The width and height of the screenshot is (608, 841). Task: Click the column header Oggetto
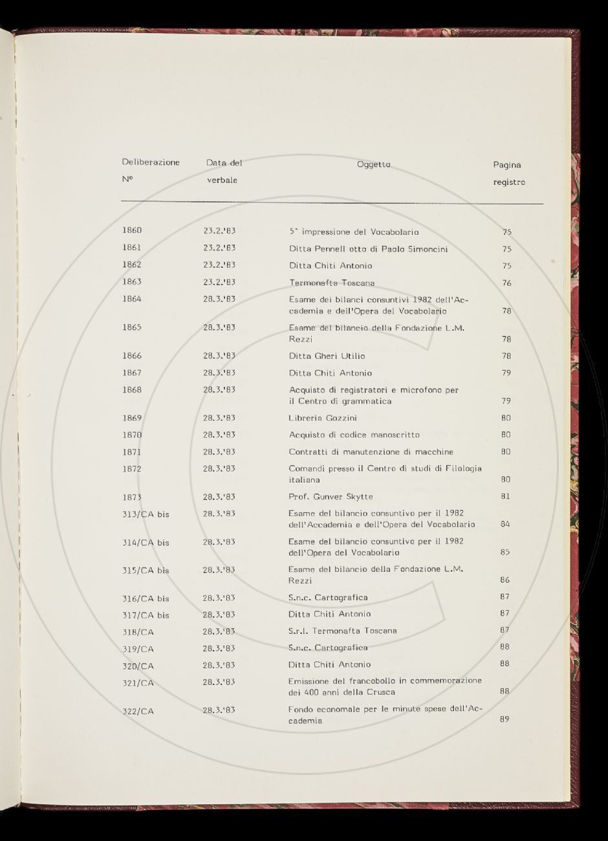click(x=373, y=164)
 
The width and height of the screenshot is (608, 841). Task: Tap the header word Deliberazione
click(x=151, y=162)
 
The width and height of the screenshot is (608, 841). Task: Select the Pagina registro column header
click(x=508, y=173)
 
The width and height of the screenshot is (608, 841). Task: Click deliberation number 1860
click(x=131, y=230)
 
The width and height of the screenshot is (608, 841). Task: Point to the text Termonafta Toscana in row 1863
click(x=332, y=283)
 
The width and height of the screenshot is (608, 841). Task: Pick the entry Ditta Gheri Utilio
click(x=327, y=356)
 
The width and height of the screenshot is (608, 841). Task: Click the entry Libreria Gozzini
click(x=322, y=418)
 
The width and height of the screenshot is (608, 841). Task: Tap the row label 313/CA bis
click(x=146, y=514)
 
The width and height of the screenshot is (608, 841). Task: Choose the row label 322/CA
click(x=138, y=712)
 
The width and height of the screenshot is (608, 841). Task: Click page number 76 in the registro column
click(x=506, y=283)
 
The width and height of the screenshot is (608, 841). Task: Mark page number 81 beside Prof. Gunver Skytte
click(x=506, y=497)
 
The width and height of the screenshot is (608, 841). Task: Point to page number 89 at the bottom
click(x=505, y=719)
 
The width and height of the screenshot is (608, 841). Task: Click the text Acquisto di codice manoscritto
click(x=354, y=435)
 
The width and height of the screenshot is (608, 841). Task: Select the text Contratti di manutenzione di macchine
click(x=371, y=452)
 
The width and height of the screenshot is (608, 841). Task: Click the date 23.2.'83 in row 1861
click(x=219, y=248)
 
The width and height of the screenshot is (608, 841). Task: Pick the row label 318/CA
click(x=138, y=631)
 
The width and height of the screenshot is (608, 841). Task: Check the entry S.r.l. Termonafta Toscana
click(x=342, y=631)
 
